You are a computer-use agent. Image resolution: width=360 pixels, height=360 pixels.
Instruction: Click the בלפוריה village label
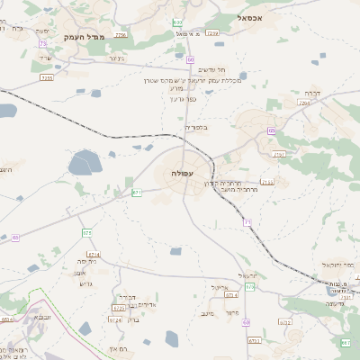click(x=195, y=128)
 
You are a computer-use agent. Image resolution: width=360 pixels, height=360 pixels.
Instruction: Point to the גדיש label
click(x=86, y=283)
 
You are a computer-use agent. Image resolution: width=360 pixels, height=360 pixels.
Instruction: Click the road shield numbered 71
click(x=247, y=222)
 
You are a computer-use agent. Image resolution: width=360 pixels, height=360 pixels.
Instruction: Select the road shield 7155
click(x=47, y=78)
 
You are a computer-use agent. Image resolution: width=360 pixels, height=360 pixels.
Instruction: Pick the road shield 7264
click(x=303, y=104)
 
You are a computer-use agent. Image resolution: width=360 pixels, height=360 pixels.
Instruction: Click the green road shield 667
click(x=346, y=343)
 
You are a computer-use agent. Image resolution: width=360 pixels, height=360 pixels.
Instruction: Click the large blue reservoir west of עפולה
click(x=85, y=163)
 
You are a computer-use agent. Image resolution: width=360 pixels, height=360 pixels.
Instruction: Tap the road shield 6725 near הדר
click(x=118, y=308)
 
